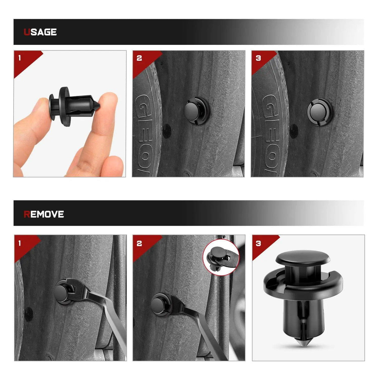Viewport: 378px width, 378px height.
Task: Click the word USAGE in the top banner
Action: coord(40,32)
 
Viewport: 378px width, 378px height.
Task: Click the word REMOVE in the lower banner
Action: coord(44,214)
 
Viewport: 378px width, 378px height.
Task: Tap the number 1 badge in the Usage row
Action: coord(20,58)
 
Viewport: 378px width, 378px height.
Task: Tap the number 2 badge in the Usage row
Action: coord(139,58)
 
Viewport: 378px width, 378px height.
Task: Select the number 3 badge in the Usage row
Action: coord(258,58)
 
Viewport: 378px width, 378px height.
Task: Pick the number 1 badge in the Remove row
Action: coord(20,243)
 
